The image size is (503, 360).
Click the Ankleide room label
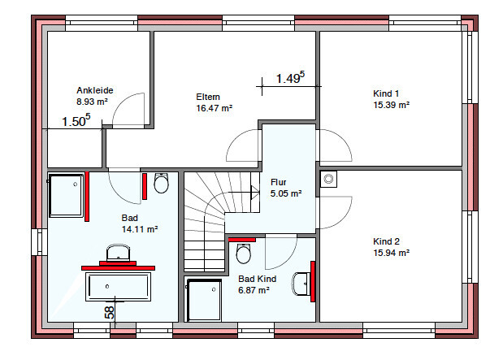94,90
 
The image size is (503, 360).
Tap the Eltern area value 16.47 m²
214,108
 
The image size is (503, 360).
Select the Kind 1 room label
386,93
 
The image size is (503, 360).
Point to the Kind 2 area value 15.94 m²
391,253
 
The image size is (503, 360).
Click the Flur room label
278,182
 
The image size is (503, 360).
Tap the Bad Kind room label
257,279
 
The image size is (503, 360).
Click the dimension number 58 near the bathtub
110,312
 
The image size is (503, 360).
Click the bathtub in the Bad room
118,287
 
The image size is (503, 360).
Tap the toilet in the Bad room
161,183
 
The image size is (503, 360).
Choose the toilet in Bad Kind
244,254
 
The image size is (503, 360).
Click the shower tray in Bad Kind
204,300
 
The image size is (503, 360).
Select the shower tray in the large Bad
66,195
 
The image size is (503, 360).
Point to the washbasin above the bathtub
118,253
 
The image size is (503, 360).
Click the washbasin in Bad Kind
301,284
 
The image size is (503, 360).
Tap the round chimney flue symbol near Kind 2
328,179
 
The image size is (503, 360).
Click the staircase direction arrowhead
255,193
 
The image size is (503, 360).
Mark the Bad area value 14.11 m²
140,229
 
